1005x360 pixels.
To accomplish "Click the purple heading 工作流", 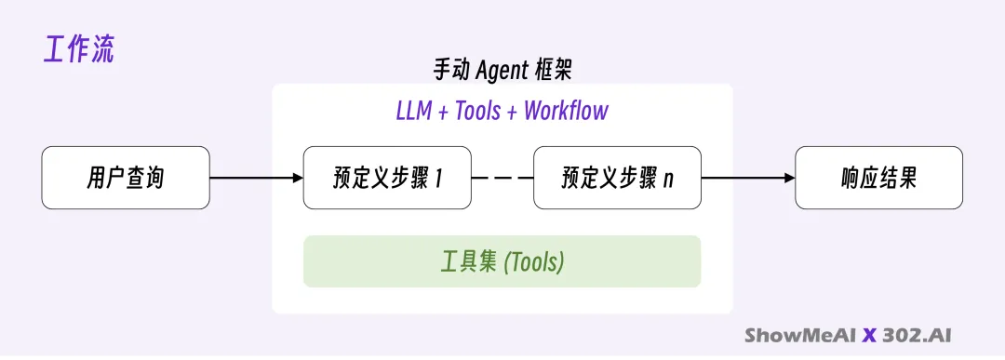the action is pos(79,50).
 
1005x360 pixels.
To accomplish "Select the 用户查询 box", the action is pos(126,178).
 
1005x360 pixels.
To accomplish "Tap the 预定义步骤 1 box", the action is pos(387,178).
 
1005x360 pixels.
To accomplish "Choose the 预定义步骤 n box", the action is pos(617,178).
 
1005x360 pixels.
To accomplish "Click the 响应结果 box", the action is pos(878,178).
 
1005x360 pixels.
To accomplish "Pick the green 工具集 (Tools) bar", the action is pos(502,261).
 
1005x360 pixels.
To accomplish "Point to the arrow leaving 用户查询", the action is pos(257,178).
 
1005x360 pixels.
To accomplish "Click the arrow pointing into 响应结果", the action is pos(748,178).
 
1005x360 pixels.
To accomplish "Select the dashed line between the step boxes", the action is pos(502,178).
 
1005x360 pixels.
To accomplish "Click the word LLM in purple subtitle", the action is pos(413,111).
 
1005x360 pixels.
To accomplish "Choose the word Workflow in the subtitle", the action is pos(566,111).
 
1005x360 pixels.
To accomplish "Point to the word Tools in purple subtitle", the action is pos(477,111).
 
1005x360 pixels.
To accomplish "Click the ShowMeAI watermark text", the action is pos(800,335).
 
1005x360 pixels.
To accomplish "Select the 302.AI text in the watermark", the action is pos(917,335).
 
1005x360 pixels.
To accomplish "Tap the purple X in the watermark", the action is pos(869,335).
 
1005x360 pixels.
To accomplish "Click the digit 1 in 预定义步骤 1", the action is pos(439,178).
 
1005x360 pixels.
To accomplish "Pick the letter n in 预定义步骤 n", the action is pos(668,180).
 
